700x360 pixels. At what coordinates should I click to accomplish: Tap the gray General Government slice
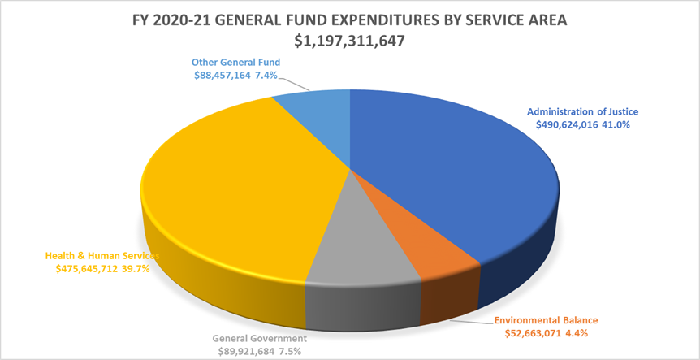click(x=357, y=244)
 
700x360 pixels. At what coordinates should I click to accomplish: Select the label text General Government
click(x=260, y=337)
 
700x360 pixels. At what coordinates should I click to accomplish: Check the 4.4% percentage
click(x=577, y=332)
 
